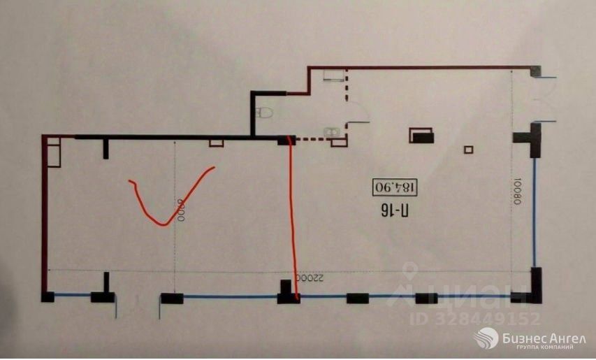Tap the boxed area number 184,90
395,187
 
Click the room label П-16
396,209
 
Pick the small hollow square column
469,149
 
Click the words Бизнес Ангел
544,338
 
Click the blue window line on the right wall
535,210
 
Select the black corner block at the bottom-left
47,296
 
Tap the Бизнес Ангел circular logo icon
486,339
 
